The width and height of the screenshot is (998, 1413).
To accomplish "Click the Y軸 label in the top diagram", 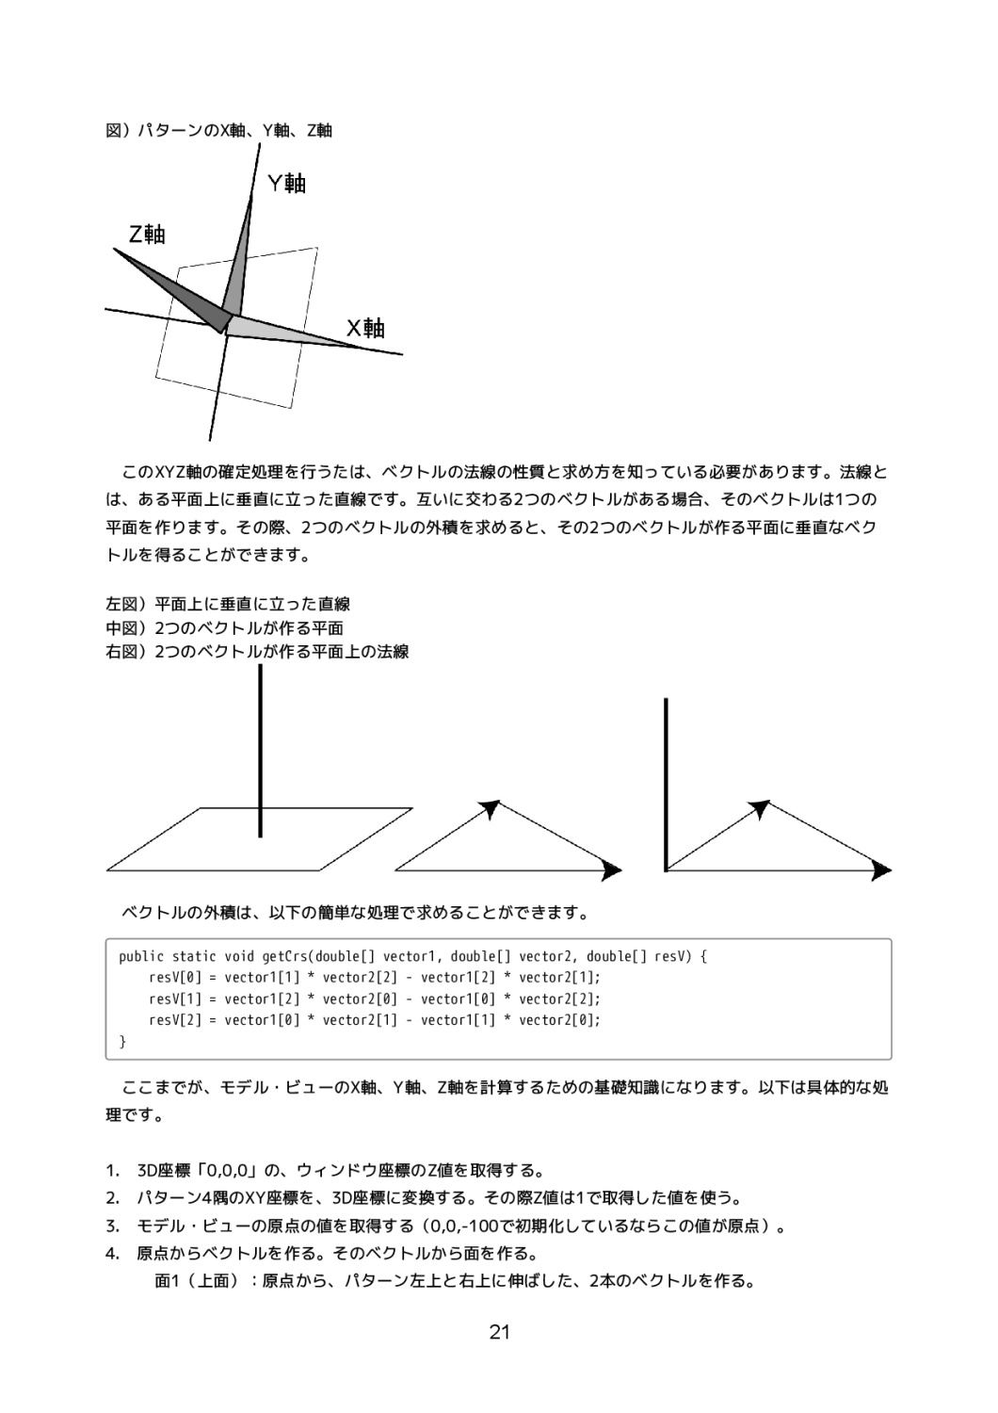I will coord(287,183).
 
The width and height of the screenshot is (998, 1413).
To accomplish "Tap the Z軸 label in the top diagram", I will coord(147,235).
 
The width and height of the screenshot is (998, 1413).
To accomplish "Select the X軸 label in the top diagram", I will coord(365,329).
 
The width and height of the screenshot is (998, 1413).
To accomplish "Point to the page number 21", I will coord(499,1332).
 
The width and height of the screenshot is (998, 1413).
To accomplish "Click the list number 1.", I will coord(112,1172).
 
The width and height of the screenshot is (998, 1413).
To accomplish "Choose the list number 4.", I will coord(112,1254).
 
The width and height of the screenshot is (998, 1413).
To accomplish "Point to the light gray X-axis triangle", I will coord(282,331).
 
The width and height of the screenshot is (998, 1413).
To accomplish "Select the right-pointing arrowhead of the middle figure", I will coord(612,870).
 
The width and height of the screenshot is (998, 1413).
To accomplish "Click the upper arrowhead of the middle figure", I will coord(490,808).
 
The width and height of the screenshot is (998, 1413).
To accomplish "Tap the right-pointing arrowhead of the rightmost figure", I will coord(881,870).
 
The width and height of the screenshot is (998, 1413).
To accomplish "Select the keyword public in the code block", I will coord(141,957).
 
